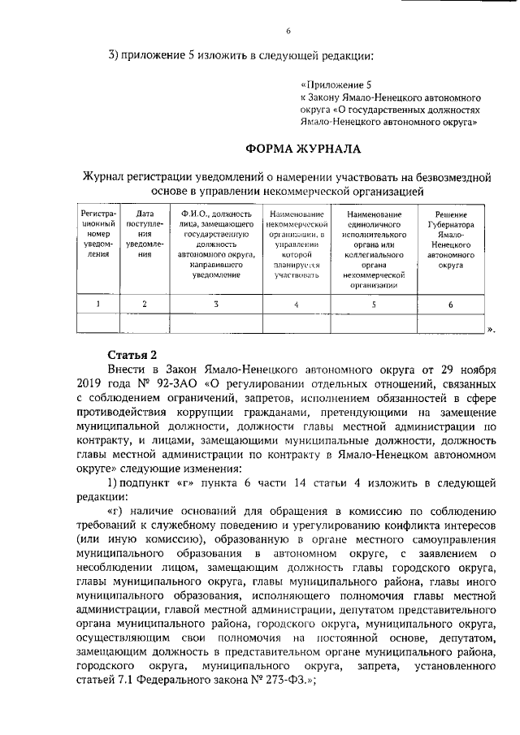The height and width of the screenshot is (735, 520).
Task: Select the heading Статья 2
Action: tap(132, 355)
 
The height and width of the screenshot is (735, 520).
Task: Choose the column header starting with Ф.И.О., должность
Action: tap(215, 243)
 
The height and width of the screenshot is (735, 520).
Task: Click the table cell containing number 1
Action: tap(97, 304)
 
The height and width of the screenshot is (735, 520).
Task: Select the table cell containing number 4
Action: tap(296, 304)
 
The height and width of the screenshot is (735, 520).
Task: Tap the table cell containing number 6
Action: tap(451, 304)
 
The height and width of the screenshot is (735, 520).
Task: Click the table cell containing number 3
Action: tap(215, 304)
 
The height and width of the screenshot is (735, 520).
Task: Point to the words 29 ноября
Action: tap(470, 369)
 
